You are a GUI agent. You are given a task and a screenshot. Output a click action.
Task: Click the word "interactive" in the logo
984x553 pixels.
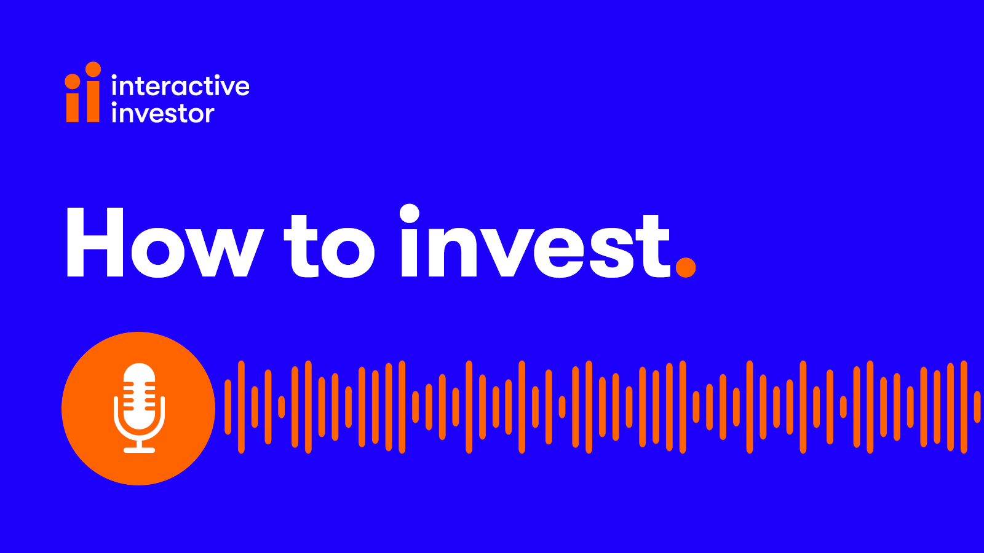click(x=181, y=85)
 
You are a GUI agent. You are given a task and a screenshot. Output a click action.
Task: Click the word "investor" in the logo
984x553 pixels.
click(x=163, y=113)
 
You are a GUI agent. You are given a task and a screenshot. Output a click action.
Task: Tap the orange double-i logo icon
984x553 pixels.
click(x=83, y=92)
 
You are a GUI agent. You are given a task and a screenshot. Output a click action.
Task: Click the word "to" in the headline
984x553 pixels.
click(x=329, y=246)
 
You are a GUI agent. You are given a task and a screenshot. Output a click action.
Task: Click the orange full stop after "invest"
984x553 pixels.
click(x=686, y=267)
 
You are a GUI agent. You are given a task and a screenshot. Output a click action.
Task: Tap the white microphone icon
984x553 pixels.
click(x=139, y=408)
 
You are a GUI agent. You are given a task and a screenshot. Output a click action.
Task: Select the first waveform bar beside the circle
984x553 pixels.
click(x=228, y=407)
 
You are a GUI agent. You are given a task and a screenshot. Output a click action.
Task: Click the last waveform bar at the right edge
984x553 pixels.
click(x=977, y=407)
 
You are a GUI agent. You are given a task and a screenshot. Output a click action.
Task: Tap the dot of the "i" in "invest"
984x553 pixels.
click(x=410, y=214)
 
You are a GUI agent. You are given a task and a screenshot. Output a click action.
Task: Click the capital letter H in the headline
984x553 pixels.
click(x=95, y=242)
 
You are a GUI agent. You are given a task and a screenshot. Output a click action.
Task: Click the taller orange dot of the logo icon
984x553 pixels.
click(x=93, y=69)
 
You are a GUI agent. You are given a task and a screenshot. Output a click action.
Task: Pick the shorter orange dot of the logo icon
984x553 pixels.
click(x=73, y=81)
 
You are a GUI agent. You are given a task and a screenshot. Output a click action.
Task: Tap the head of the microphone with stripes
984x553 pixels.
click(x=139, y=391)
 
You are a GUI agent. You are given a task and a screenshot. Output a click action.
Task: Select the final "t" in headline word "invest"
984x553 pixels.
click(x=653, y=246)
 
